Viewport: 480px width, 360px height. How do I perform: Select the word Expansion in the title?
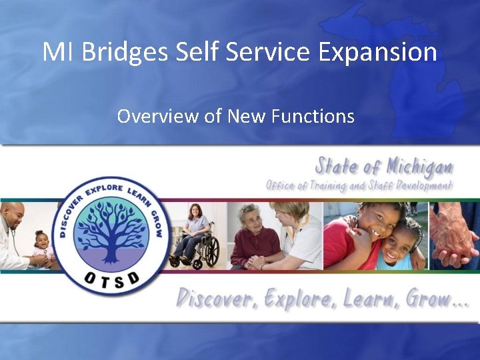pyautogui.click(x=378, y=51)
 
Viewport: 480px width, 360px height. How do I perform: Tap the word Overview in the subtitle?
pyautogui.click(x=157, y=116)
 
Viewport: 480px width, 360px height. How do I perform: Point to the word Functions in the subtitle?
pyautogui.click(x=313, y=116)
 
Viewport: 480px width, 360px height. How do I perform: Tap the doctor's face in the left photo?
pyautogui.click(x=13, y=217)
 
